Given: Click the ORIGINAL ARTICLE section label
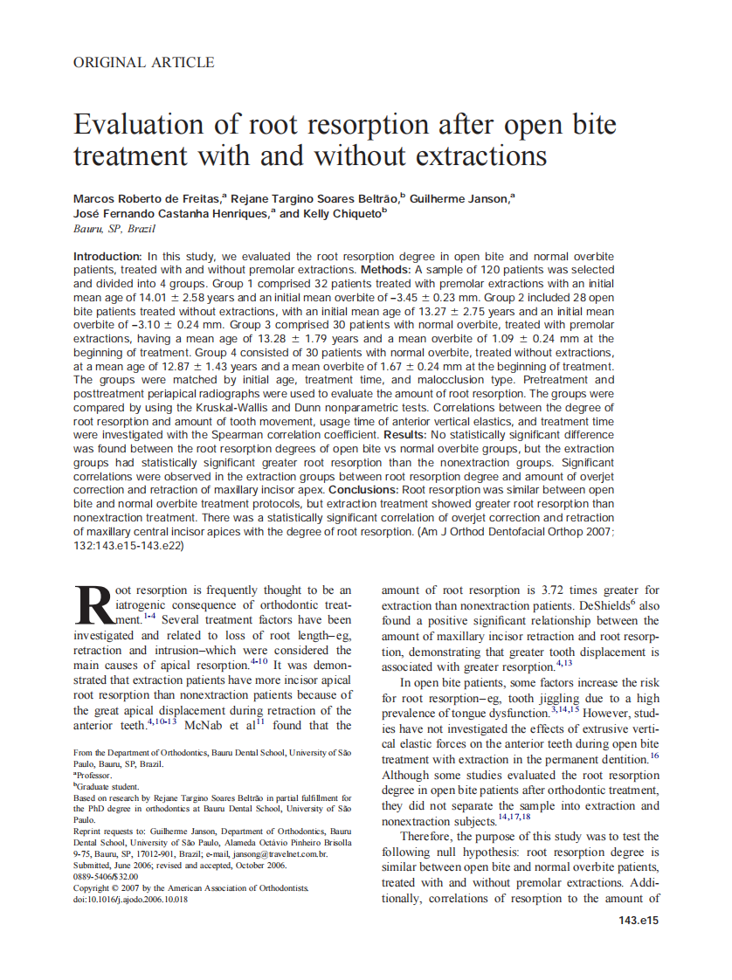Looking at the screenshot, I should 143,62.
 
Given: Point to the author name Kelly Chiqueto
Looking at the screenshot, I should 341,213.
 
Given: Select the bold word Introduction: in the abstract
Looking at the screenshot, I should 107,257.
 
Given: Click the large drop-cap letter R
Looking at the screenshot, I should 93,605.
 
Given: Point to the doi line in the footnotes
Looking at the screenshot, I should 130,899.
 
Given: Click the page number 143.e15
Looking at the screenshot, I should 638,921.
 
